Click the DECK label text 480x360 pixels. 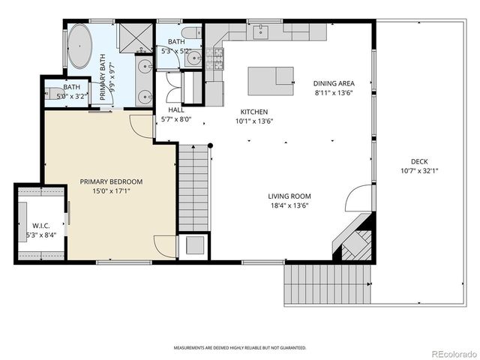point(419,161)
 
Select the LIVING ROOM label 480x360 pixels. point(289,197)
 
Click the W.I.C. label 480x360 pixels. point(40,226)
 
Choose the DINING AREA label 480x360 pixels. point(334,83)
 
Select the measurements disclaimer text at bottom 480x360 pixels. point(240,348)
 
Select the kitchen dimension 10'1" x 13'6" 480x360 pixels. point(254,120)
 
